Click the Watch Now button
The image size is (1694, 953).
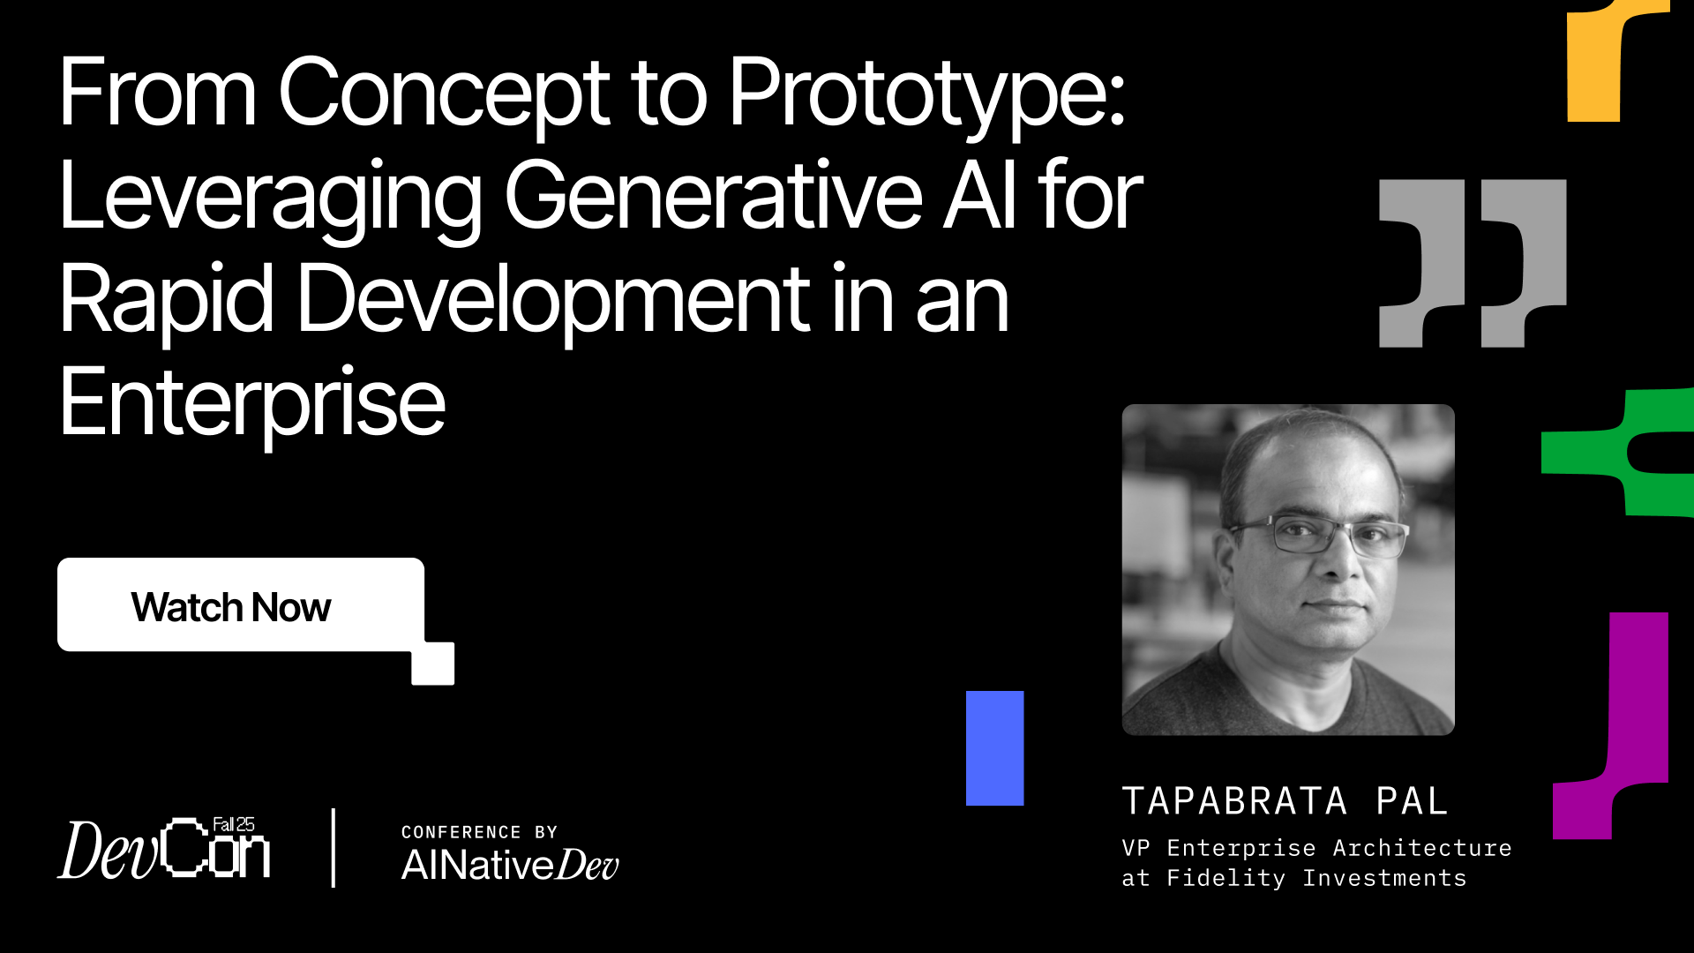241,605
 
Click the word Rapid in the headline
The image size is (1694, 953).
167,301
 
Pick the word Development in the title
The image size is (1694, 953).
553,301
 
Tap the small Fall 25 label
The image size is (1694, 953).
234,824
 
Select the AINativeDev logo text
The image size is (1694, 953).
510,865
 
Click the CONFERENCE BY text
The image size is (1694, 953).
479,832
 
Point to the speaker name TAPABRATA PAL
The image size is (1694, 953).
1285,801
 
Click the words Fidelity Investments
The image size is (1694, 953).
1316,878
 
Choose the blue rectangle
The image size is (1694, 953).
994,748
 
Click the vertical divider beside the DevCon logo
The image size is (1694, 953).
333,848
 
